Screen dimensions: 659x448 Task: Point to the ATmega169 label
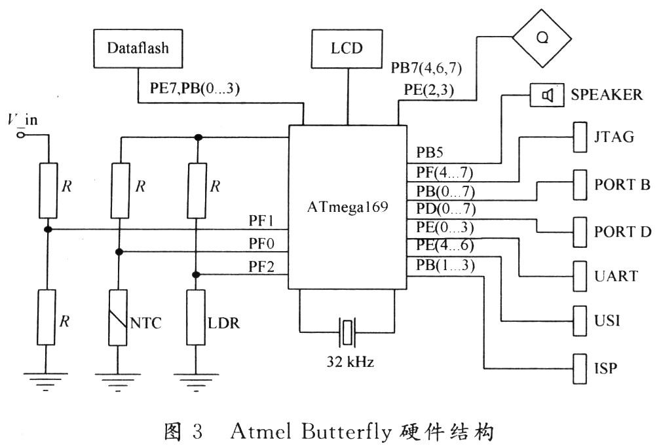348,207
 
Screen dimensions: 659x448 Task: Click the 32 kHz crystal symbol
347,332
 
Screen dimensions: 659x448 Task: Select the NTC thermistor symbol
118,318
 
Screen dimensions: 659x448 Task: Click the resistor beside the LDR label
196,318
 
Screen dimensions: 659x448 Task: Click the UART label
616,276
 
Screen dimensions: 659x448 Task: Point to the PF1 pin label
261,220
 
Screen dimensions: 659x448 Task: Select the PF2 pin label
261,266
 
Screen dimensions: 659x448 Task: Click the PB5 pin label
430,152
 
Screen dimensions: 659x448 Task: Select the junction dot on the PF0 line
119,252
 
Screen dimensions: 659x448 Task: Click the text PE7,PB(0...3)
195,88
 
